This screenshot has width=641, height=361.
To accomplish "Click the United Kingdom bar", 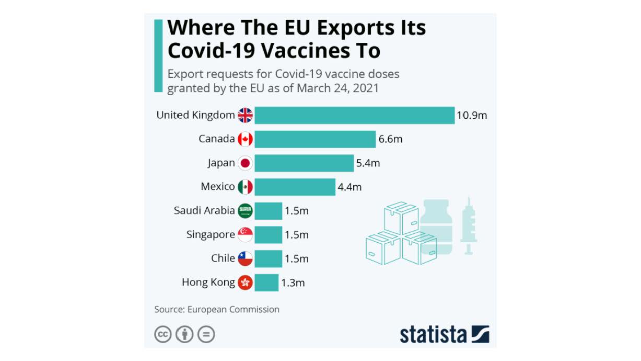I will [354, 115].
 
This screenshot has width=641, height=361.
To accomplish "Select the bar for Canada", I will [315, 139].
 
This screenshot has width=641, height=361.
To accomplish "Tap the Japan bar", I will [304, 163].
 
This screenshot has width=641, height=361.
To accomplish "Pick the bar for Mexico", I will [295, 187].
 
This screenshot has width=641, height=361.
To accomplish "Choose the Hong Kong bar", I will [266, 283].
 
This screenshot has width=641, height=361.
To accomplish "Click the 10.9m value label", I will [472, 115].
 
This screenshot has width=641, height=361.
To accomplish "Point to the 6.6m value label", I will [390, 139].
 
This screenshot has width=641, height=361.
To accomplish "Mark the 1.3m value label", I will [293, 283].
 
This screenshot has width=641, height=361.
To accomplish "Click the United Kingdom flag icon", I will [245, 115].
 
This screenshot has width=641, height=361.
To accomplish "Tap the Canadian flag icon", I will [245, 139].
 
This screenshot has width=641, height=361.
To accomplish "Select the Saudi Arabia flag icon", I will [245, 211].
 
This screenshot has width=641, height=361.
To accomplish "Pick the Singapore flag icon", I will [245, 235].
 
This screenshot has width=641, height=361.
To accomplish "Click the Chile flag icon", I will [245, 258].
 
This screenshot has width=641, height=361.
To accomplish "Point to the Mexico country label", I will [218, 187].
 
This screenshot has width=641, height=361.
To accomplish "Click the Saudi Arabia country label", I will [204, 211].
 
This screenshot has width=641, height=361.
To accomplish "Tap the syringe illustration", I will [469, 225].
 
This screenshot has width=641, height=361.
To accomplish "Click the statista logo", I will [444, 334].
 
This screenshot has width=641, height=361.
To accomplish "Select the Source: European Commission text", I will [217, 309].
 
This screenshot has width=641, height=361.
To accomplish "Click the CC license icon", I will [163, 334].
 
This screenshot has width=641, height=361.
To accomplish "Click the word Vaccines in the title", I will [308, 51].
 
